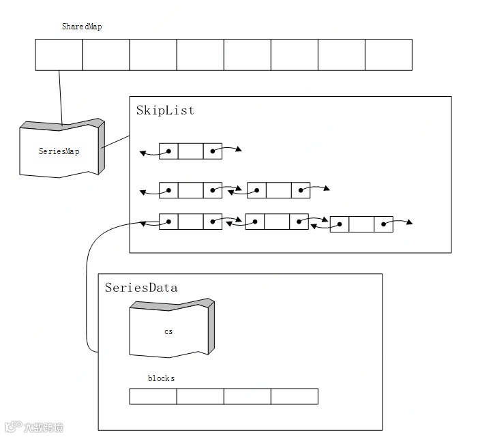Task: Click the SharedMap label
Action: tap(82, 27)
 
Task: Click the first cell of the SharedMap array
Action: tap(59, 55)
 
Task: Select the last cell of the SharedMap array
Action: tap(389, 55)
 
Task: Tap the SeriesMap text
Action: tap(59, 151)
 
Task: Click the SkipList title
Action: tap(165, 110)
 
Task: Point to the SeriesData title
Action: tap(141, 288)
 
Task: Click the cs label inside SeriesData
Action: tap(168, 331)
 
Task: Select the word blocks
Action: tap(161, 378)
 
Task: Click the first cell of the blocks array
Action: tap(153, 396)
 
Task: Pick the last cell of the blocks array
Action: tap(295, 396)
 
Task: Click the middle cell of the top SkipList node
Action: tap(190, 151)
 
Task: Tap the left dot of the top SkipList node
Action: tap(168, 151)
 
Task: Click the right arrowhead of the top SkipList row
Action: tap(239, 149)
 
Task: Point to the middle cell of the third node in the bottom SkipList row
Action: tap(361, 224)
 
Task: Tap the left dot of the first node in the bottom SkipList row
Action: tap(168, 222)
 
